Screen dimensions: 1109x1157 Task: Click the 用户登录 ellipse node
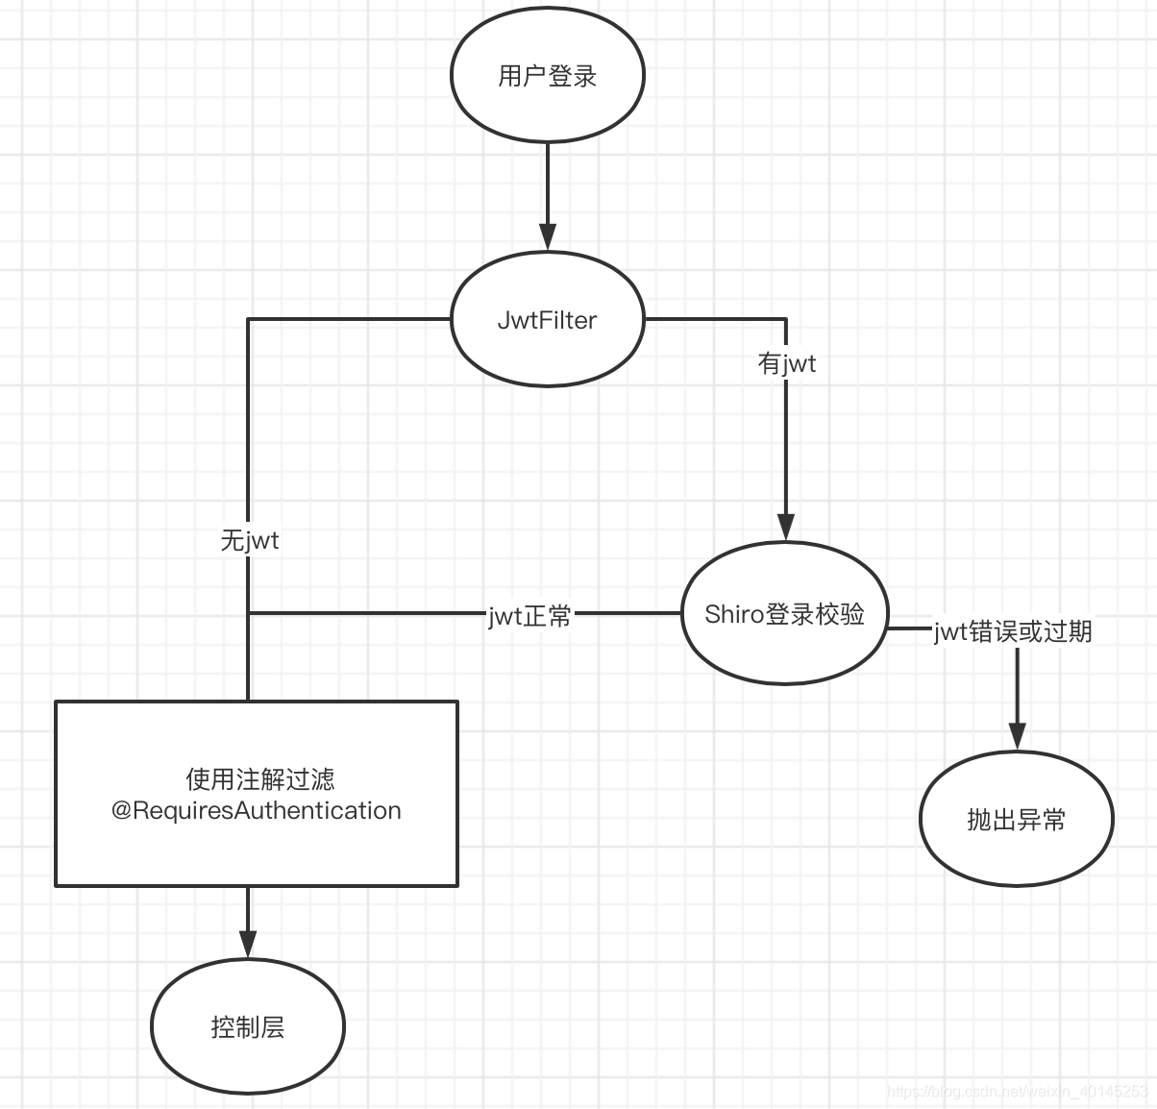548,76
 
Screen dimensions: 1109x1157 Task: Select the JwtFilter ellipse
548,319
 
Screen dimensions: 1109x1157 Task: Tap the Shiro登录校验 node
784,613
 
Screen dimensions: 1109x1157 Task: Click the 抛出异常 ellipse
1016,819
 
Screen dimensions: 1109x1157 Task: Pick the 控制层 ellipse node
248,1026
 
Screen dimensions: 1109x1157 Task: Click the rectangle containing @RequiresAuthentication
257,846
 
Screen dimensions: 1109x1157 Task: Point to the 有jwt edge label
786,363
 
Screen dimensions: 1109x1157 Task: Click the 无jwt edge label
249,540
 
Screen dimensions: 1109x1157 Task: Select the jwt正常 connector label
529,615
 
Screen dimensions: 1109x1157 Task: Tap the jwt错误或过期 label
1013,631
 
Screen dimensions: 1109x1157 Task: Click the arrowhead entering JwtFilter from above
548,237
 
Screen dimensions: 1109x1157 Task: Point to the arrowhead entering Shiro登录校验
785,527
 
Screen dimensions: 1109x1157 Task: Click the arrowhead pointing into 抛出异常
1017,736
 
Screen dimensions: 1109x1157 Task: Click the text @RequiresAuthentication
257,810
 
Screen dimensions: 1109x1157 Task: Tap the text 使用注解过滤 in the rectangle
259,778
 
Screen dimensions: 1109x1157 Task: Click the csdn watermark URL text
1018,1091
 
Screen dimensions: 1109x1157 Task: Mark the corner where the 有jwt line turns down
785,319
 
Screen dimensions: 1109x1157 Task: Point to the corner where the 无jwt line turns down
249,319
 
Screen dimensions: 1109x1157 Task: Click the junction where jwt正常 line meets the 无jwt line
249,612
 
